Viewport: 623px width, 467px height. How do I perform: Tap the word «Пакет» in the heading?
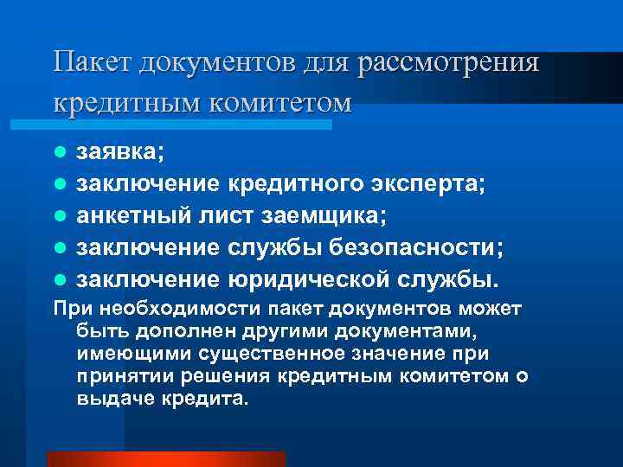[89, 62]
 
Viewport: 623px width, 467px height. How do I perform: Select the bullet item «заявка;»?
[120, 152]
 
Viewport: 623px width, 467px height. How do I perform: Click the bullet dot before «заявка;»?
[59, 152]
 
